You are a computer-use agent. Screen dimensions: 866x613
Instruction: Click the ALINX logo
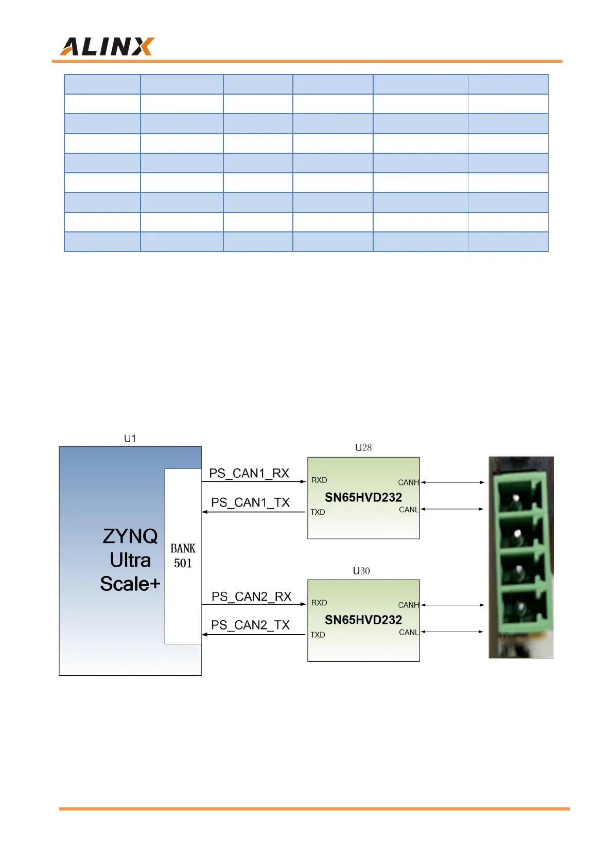pyautogui.click(x=107, y=46)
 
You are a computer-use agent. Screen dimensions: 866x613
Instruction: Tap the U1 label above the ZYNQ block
pyautogui.click(x=130, y=438)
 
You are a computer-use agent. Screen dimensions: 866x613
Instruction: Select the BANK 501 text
pyautogui.click(x=183, y=556)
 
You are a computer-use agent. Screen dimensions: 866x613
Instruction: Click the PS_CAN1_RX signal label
pyautogui.click(x=249, y=473)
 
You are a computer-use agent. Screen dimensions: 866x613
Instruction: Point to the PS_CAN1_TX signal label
pyautogui.click(x=251, y=502)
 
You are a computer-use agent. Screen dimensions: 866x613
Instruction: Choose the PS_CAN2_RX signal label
pyautogui.click(x=251, y=597)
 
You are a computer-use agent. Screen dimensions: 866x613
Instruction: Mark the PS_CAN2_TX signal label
pyautogui.click(x=251, y=625)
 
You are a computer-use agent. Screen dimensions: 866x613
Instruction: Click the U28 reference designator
pyautogui.click(x=363, y=447)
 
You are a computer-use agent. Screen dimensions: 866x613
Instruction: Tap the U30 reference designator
pyautogui.click(x=361, y=571)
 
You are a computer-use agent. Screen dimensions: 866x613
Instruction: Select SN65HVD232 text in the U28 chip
pyautogui.click(x=363, y=497)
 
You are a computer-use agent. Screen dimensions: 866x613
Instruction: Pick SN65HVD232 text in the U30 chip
pyautogui.click(x=363, y=620)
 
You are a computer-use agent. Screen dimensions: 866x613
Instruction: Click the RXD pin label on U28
pyautogui.click(x=319, y=480)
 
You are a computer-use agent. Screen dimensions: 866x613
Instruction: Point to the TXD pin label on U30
pyautogui.click(x=318, y=635)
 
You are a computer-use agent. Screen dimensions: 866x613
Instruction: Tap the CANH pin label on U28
pyautogui.click(x=408, y=482)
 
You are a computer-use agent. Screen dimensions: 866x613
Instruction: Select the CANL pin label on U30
pyautogui.click(x=409, y=633)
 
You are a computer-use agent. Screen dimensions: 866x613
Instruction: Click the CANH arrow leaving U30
pyautogui.click(x=453, y=605)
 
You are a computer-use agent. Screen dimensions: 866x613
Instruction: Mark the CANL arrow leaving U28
pyautogui.click(x=453, y=509)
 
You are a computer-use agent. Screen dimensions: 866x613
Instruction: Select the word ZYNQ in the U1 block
pyautogui.click(x=130, y=536)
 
